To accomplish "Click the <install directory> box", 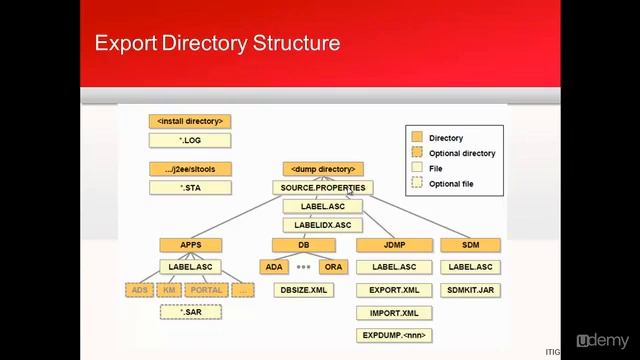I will tap(190, 121).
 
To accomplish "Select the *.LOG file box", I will tap(190, 141).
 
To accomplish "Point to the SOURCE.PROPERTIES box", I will tap(323, 188).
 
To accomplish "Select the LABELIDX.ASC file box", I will tap(323, 225).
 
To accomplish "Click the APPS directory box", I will tap(190, 245).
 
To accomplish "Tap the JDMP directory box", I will tap(393, 245).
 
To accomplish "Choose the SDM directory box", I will tap(471, 245).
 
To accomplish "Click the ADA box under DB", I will tap(273, 267).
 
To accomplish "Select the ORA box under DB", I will tap(334, 267).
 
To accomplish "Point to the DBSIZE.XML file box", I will tap(303, 290).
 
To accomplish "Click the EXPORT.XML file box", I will tap(393, 290).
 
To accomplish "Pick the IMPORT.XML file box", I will tap(393, 312).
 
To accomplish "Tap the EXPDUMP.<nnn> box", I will tap(393, 334).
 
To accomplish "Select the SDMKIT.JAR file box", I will tap(471, 290).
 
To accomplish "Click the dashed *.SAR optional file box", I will tap(190, 312).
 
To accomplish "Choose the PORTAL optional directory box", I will tap(206, 290).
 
